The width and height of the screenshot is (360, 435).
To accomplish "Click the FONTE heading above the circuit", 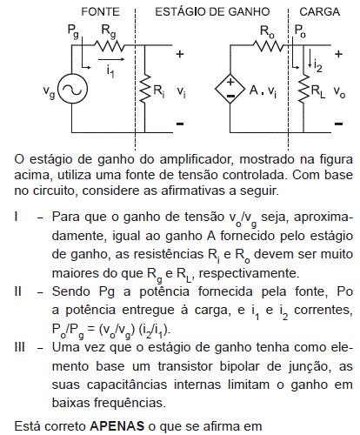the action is pos(100,12).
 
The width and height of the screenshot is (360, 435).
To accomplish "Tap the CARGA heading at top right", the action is pos(320,12).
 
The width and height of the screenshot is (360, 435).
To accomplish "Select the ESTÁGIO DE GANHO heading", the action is pos(212,12).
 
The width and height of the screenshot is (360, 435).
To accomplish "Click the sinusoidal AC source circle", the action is pos(72,89).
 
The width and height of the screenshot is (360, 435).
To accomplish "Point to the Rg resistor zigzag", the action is pos(109,46).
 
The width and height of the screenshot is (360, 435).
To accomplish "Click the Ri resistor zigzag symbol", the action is pos(145,89).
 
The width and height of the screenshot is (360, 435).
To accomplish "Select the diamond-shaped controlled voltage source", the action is pos(230,89).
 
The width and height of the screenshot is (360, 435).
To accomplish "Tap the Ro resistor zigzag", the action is pos(268,46).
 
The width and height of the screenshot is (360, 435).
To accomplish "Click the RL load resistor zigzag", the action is pos(303,89).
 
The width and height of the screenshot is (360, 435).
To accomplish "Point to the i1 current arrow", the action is pos(111,59).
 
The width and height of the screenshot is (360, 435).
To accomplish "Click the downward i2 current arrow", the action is pos(310,58).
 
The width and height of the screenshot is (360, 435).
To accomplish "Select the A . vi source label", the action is pos(263,90).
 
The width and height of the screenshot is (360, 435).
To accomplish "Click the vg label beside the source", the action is pos(49,91).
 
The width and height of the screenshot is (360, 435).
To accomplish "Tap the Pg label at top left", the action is pos(73,31).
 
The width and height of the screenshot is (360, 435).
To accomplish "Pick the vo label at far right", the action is pos(339,91).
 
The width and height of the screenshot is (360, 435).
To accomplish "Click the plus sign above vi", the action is pos(180,54).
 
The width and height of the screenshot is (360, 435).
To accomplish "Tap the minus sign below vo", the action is pos(338,124).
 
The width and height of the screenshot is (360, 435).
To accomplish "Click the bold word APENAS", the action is pos(117,426).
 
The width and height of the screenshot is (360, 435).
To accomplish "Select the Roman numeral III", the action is pos(20,347).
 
